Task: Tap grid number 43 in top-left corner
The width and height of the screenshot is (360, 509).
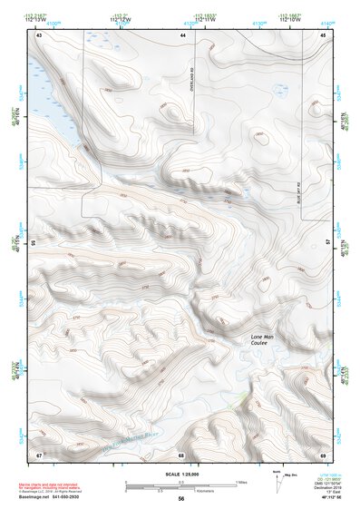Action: pyautogui.click(x=39, y=34)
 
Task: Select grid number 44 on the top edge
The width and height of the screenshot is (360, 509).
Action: pyautogui.click(x=182, y=34)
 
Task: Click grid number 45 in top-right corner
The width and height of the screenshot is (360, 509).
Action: pyautogui.click(x=323, y=34)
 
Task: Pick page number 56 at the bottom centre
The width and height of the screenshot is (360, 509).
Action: pyautogui.click(x=181, y=498)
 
